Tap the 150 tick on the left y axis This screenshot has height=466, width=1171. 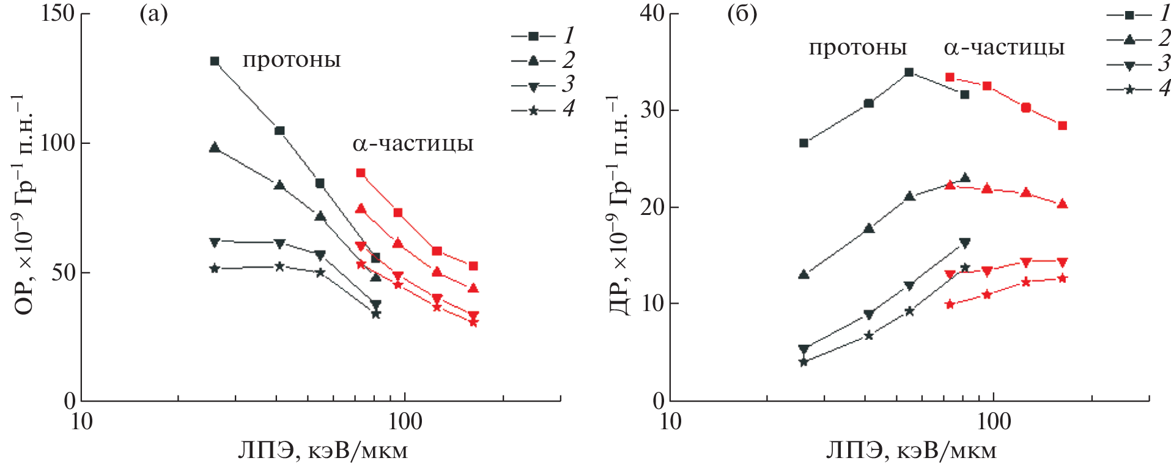(x=57, y=13)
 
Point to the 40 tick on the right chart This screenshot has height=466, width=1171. (x=652, y=13)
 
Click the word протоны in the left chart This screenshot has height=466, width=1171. (x=292, y=60)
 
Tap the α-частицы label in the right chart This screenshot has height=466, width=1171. (x=1004, y=48)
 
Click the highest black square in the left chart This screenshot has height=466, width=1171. (x=215, y=61)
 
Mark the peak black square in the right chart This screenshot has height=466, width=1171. (x=909, y=72)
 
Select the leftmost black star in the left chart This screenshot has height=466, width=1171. (x=215, y=268)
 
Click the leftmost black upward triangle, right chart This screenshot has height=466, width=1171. (x=804, y=274)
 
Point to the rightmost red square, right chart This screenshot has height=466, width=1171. (x=1062, y=126)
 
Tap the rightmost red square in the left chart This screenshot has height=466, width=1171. (x=473, y=266)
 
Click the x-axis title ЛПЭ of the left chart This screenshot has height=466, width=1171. (x=322, y=451)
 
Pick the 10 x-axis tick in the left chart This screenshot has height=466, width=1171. (x=81, y=421)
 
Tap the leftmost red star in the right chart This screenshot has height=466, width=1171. (x=950, y=304)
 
